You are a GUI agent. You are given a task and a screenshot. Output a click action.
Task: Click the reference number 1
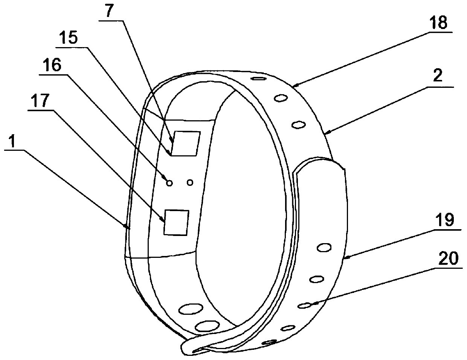[13, 142]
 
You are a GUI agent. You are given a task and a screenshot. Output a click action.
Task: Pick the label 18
[439, 23]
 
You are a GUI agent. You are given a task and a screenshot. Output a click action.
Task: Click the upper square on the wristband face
[185, 143]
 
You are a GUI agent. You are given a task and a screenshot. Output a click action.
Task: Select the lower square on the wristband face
[176, 223]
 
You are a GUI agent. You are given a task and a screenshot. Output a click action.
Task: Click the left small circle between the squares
[169, 183]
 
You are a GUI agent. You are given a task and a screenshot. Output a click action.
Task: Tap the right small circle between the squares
[190, 182]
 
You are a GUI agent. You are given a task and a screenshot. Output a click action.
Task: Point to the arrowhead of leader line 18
[293, 86]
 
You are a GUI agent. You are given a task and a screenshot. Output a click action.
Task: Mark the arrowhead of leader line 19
[345, 258]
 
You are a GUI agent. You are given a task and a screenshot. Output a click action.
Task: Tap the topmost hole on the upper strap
[258, 79]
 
